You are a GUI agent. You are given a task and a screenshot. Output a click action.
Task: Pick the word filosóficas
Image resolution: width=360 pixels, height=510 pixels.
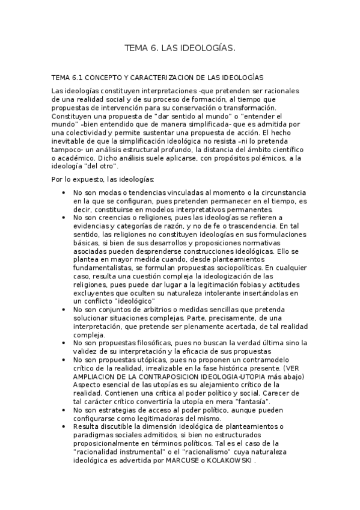tap(142, 343)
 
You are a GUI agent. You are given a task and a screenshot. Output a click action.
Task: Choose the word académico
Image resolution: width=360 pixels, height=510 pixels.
tap(76, 158)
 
